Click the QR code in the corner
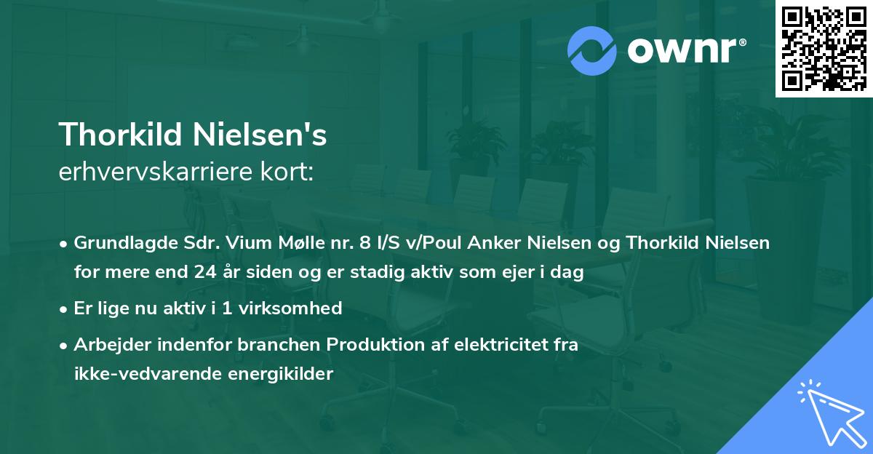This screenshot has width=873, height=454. pyautogui.click(x=824, y=49)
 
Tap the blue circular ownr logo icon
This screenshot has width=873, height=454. pyautogui.click(x=592, y=51)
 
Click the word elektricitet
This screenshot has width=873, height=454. pyautogui.click(x=492, y=345)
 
